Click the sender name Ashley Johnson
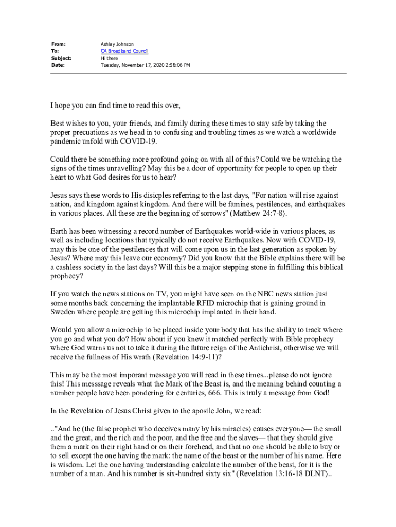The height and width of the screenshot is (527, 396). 117,44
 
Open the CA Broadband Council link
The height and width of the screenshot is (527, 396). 124,51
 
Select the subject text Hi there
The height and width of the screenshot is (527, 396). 109,58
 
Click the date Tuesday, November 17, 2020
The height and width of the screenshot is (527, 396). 133,65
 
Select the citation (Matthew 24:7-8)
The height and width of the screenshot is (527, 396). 258,213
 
